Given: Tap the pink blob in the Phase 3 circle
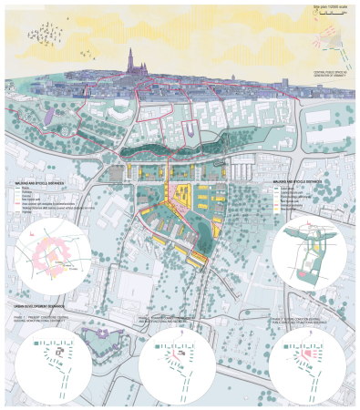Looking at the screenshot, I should (x=303, y=350).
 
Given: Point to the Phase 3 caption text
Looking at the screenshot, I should (x=306, y=320).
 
